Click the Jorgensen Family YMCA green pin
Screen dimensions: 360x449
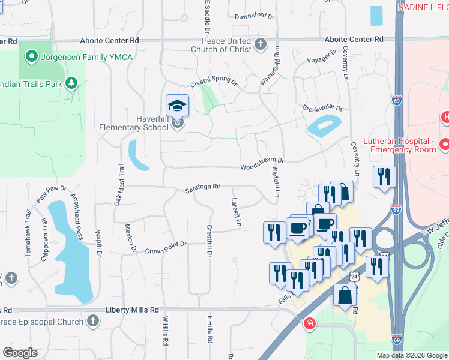(x=31, y=58)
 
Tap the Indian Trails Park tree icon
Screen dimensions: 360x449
(x=71, y=82)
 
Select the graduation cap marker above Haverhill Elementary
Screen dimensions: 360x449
(x=177, y=106)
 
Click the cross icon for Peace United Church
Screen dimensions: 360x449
(x=260, y=44)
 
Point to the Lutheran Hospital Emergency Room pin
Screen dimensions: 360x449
(x=444, y=144)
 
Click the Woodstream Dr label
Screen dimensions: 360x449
(x=262, y=164)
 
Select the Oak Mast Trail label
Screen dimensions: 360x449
(x=119, y=185)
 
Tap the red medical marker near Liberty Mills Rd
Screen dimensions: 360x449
(x=309, y=324)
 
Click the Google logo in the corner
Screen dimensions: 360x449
(x=20, y=353)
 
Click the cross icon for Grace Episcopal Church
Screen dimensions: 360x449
(x=92, y=322)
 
